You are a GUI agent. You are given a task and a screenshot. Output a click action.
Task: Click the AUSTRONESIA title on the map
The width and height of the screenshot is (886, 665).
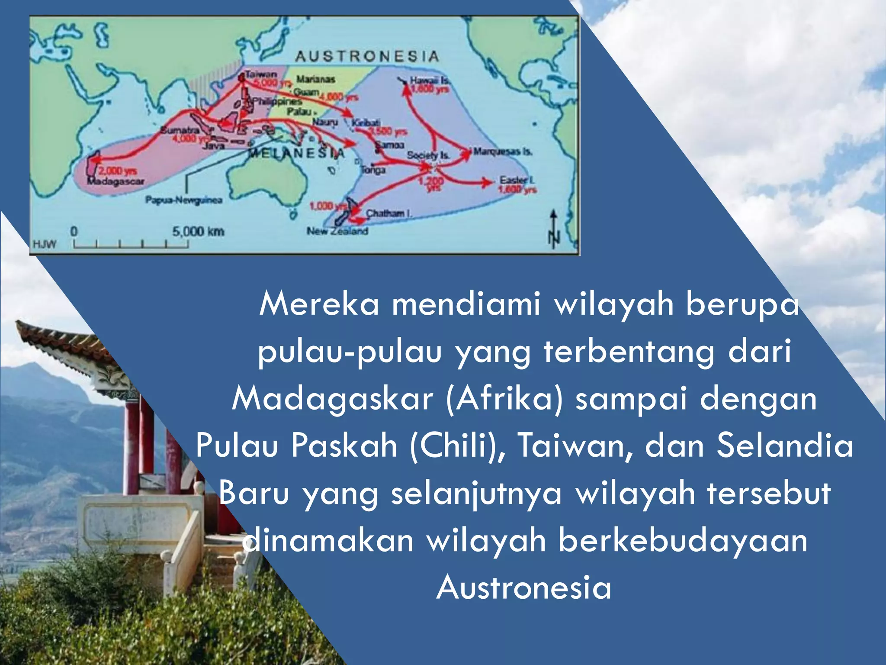pos(367,56)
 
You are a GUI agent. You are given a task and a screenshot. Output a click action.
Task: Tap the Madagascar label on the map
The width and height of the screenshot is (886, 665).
pos(116,181)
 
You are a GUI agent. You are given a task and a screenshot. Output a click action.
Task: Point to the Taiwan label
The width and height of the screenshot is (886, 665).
pos(261,74)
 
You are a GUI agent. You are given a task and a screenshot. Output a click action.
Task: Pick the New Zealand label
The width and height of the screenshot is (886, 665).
pos(337,231)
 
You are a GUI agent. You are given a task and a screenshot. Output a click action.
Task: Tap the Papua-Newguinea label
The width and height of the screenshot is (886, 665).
pos(184,200)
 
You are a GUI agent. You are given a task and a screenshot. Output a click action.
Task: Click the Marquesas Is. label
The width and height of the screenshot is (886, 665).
pos(502,152)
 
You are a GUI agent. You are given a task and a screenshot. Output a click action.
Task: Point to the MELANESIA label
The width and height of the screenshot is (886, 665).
pos(297,153)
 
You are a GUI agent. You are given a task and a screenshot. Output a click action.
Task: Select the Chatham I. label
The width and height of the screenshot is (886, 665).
pos(389,213)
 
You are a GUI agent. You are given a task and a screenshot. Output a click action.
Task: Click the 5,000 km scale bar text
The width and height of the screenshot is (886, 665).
pos(198,232)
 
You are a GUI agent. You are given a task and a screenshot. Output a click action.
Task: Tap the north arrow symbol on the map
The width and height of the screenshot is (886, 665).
pos(554,229)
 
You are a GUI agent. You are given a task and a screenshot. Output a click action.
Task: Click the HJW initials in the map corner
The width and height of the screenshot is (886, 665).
pos(45,244)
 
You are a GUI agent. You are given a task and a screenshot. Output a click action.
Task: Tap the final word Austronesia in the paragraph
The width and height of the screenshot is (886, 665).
pos(524,588)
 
